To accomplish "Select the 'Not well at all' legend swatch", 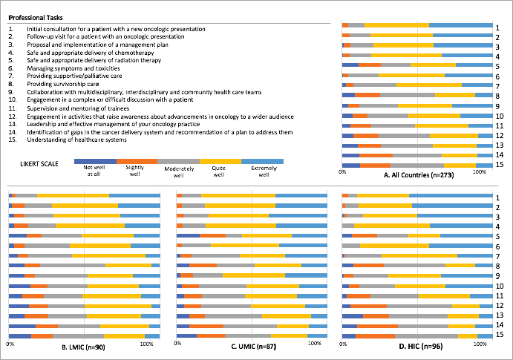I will (95, 160).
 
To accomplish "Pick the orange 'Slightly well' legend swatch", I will (137, 160).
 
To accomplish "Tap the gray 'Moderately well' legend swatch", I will (179, 160).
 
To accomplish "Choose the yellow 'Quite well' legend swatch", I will (220, 160).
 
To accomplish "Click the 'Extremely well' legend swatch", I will (262, 160).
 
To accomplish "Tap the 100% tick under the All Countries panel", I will (480, 171).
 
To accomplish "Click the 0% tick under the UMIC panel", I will (178, 344).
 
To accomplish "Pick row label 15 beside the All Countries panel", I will (501, 165).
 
